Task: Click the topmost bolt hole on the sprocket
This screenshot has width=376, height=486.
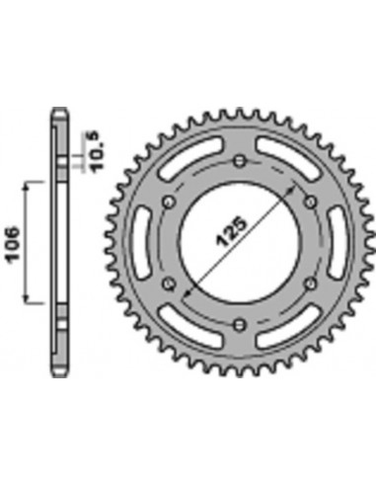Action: [238, 157]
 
